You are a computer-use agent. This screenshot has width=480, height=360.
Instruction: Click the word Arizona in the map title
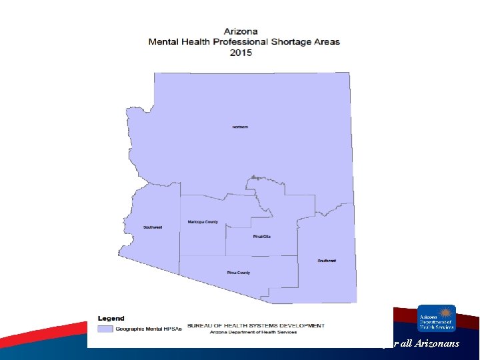[241, 31]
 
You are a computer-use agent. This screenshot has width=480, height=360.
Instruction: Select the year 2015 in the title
[241, 52]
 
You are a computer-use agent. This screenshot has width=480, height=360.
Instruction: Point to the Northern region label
[239, 127]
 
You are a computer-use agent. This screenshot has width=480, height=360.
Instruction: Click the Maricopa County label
[203, 221]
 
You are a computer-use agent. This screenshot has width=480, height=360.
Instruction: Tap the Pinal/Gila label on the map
[262, 237]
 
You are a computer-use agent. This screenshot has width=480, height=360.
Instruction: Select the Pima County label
[239, 272]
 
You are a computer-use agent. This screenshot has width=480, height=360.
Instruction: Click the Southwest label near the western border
[153, 227]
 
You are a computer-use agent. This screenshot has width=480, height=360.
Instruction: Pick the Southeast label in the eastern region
[327, 261]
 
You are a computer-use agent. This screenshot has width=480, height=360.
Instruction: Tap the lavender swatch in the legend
[105, 329]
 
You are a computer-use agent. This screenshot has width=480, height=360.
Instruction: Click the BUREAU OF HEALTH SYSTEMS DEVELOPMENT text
[256, 325]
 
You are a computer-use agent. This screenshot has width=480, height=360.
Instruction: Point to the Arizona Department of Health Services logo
[437, 318]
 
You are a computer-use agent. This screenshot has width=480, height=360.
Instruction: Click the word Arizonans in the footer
[436, 343]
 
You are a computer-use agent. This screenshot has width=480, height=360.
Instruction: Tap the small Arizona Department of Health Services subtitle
[256, 331]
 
